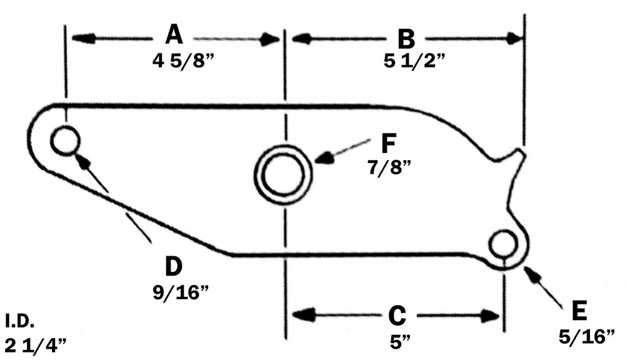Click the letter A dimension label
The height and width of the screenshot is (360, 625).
coord(174,35)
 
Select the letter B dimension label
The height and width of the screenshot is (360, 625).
coord(406,39)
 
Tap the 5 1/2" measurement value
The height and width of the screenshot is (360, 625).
coord(411,61)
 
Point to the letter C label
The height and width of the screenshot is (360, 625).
coord(397,316)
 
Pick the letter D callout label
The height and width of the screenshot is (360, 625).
coord(173,266)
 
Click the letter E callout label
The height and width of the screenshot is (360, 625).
coord(579,311)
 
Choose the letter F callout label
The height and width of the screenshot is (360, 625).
coord(389,143)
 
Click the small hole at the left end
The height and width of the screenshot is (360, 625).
coord(65,140)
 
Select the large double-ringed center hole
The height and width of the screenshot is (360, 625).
coord(282,174)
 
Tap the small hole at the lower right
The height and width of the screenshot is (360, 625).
coord(504,244)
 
